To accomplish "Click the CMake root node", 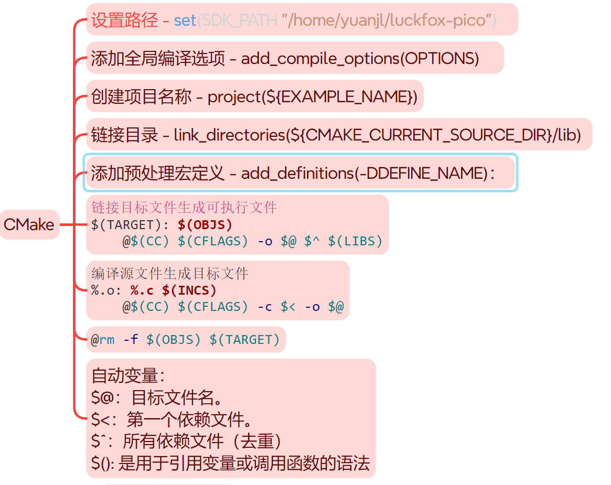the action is pyautogui.click(x=29, y=224).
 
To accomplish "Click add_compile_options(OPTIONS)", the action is pyautogui.click(x=360, y=58).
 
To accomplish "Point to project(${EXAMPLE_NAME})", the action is pyautogui.click(x=313, y=97).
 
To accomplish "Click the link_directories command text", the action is pyautogui.click(x=377, y=135).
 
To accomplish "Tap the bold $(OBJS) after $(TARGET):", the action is pyautogui.click(x=205, y=225).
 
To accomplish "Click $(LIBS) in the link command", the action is pyautogui.click(x=355, y=242).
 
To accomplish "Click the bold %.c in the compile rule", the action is pyautogui.click(x=142, y=290).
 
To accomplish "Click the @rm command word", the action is pyautogui.click(x=103, y=340).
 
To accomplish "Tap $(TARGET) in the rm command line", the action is pyautogui.click(x=245, y=340).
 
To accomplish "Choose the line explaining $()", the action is pyautogui.click(x=230, y=464).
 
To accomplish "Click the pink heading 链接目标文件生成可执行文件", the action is pyautogui.click(x=184, y=208).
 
